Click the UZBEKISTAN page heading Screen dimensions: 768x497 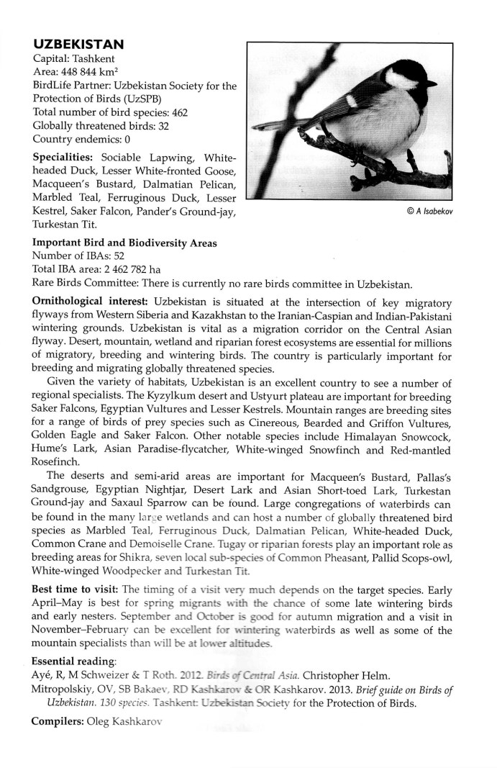click(78, 45)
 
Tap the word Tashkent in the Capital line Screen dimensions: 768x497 click(95, 59)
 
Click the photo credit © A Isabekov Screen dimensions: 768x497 click(430, 212)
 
